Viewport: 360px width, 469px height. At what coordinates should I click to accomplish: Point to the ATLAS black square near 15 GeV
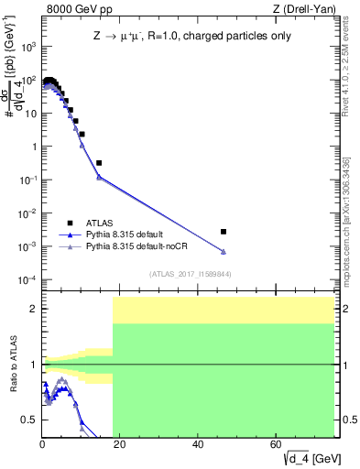tap(99, 163)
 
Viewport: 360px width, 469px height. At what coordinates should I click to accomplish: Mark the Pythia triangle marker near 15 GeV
tap(99, 177)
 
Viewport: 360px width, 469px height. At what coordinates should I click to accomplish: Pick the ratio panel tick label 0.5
tap(30, 420)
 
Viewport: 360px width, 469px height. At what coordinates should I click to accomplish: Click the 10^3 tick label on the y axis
tap(30, 47)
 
